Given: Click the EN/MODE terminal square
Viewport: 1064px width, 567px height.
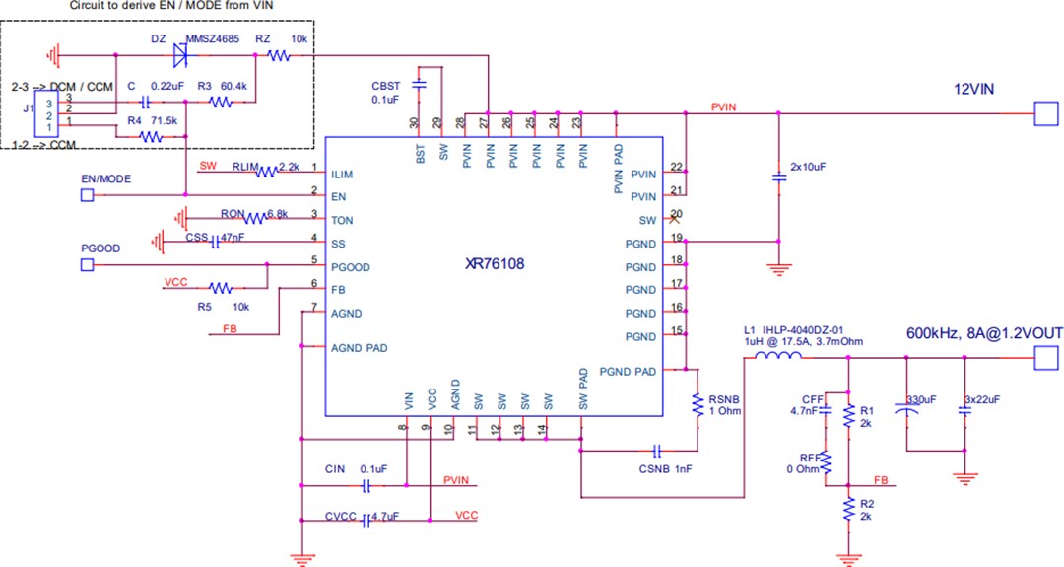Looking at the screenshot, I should click(87, 195).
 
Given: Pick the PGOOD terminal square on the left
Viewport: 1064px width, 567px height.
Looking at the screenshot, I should click(87, 265).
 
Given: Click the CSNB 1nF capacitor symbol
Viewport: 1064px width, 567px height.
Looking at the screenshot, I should click(656, 450).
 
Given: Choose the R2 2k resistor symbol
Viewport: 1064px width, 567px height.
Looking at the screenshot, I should click(848, 509).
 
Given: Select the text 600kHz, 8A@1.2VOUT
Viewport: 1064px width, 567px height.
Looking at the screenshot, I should click(983, 333).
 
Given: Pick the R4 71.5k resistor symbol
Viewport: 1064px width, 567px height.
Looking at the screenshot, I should click(151, 137).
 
